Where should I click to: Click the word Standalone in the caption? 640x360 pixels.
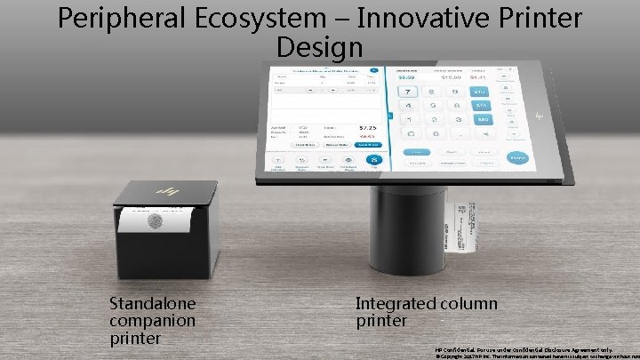(x=152, y=304)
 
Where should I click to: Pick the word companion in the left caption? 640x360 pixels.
(x=152, y=320)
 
